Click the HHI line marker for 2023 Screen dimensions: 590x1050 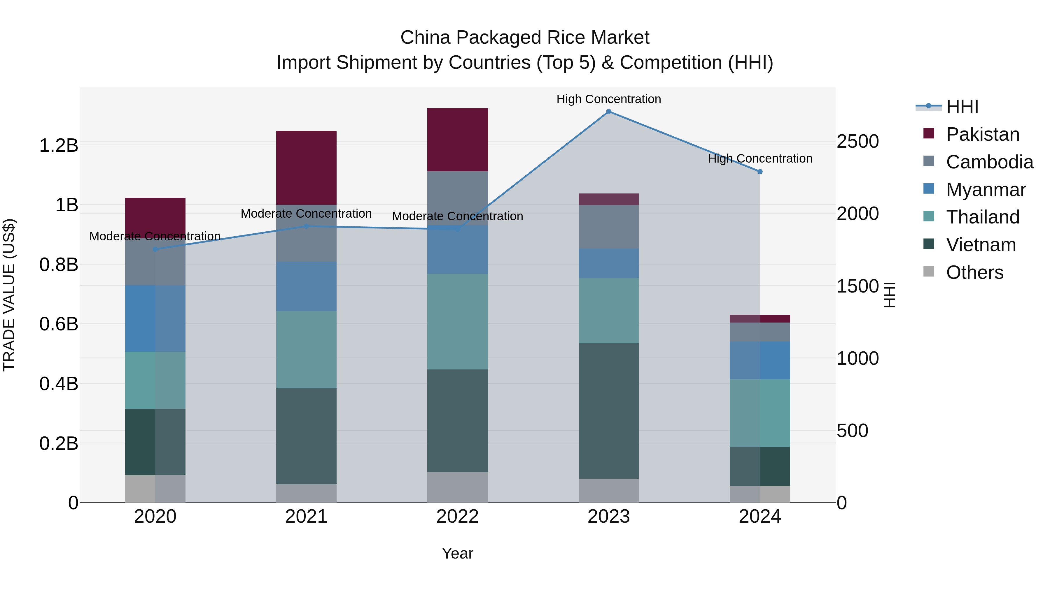click(x=608, y=112)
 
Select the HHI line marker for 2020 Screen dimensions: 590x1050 click(x=155, y=249)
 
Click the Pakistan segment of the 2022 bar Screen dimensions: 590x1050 click(x=457, y=140)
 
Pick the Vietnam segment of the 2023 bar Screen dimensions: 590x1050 click(x=608, y=411)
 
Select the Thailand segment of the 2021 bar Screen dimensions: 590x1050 click(x=306, y=349)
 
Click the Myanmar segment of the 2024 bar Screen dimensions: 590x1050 click(x=760, y=360)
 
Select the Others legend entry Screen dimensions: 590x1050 click(x=974, y=272)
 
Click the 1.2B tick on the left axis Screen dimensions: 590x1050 click(x=58, y=145)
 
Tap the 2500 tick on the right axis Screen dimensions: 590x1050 click(x=857, y=141)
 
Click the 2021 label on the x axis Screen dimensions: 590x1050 click(x=306, y=517)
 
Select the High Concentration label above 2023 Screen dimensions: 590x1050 click(x=608, y=99)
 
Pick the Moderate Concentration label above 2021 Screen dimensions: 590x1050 click(x=306, y=213)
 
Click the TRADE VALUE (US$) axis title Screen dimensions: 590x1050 click(x=9, y=295)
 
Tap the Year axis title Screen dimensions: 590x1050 click(x=457, y=553)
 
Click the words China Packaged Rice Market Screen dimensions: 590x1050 click(x=525, y=38)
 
